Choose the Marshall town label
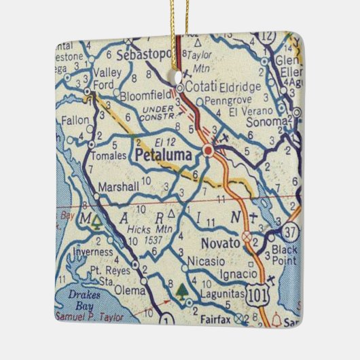tap(118, 186)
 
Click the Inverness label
tap(94, 255)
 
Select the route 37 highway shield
tap(291, 232)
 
